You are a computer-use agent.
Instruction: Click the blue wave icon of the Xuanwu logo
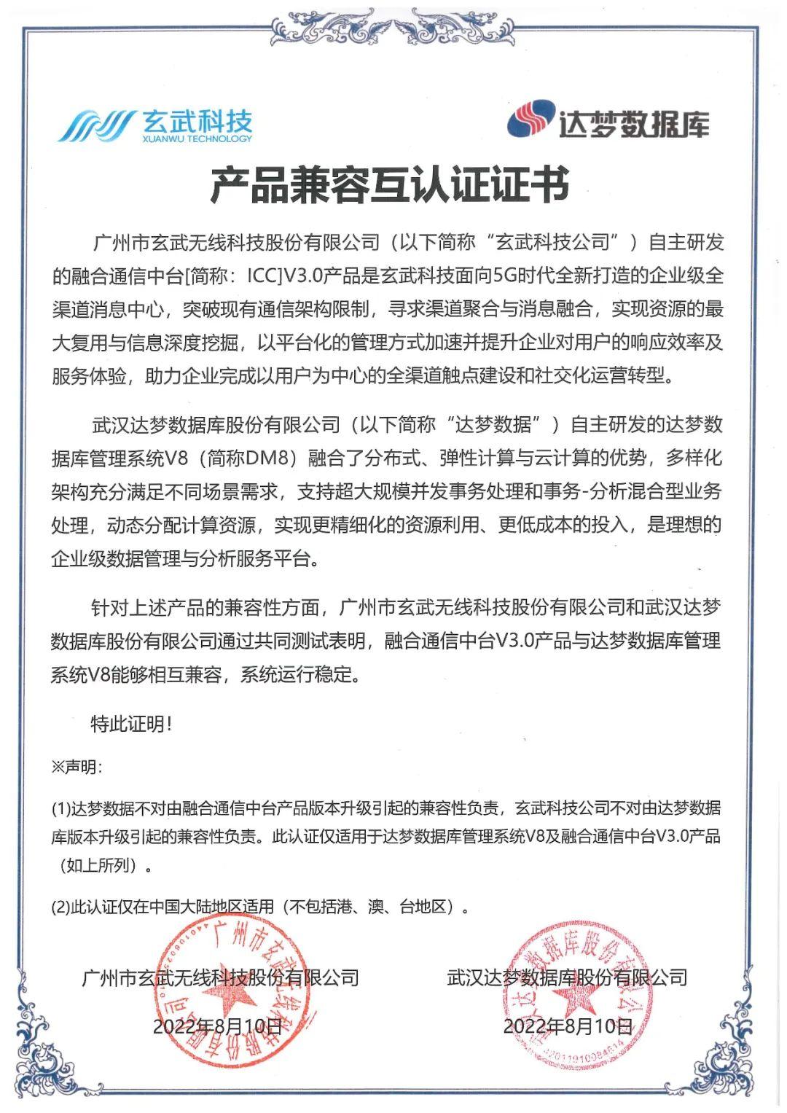(x=96, y=125)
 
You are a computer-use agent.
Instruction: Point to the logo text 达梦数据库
(x=633, y=122)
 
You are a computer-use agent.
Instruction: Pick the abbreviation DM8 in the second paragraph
(x=270, y=458)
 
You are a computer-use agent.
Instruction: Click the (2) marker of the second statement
(x=60, y=907)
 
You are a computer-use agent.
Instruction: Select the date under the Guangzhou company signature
(x=217, y=1026)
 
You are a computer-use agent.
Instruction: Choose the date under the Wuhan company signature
(x=568, y=1026)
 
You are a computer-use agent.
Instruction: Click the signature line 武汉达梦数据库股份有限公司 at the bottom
(x=568, y=977)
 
